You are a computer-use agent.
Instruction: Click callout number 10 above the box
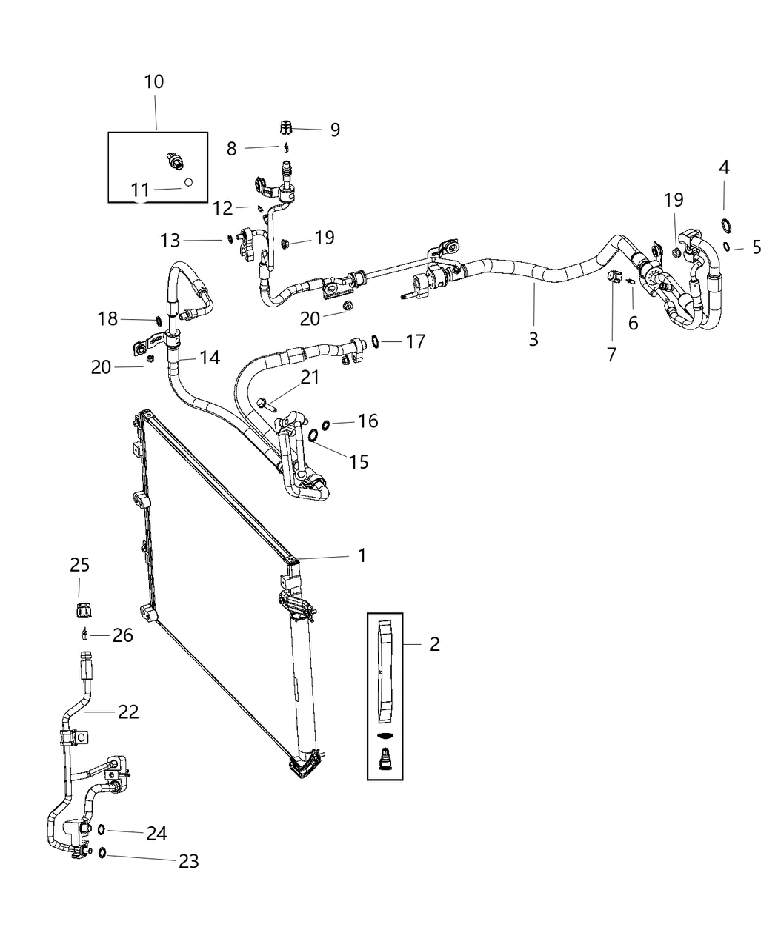[154, 81]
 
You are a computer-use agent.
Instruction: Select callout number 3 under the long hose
[533, 339]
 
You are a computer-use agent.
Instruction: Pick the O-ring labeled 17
[376, 341]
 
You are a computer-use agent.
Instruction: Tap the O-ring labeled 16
[325, 424]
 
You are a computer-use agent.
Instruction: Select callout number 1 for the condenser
[362, 555]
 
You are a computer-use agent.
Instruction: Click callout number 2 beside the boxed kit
[434, 644]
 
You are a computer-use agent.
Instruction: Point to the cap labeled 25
[82, 610]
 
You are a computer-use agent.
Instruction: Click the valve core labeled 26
[85, 634]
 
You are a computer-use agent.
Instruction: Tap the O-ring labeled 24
[102, 829]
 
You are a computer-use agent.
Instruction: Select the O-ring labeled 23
[102, 854]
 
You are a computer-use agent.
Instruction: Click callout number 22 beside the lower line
[128, 712]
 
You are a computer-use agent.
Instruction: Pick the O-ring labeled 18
[159, 321]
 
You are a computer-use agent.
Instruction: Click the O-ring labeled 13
[230, 239]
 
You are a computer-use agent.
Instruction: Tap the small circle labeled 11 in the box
[188, 182]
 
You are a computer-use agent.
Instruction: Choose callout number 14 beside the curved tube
[210, 358]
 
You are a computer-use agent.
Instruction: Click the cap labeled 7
[613, 277]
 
